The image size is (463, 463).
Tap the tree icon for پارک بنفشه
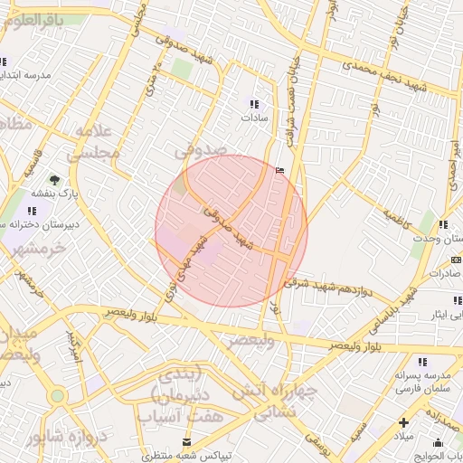coord(54,180)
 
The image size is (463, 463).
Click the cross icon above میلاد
coord(404,422)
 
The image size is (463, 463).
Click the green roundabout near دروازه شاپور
coord(58,395)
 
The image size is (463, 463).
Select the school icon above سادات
coord(253,104)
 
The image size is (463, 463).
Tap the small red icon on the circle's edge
coord(278,170)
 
